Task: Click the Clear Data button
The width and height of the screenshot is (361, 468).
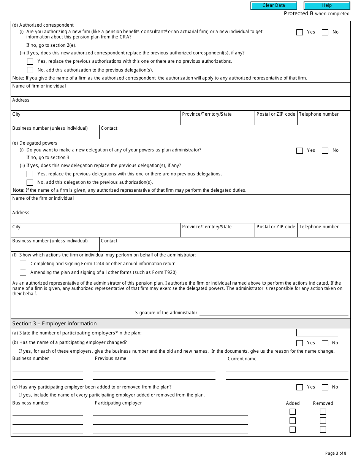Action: coord(274,6)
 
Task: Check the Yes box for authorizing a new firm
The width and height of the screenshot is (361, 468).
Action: coord(299,32)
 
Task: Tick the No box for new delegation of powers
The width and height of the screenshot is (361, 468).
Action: coord(325,151)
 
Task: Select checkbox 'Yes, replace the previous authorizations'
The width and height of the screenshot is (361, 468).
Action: coord(30,62)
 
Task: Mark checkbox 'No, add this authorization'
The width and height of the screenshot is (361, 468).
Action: coord(30,70)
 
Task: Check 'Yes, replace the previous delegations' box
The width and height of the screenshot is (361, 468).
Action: coord(30,174)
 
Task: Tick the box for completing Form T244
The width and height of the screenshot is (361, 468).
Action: coord(23,264)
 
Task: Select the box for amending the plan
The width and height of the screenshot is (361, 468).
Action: coord(23,272)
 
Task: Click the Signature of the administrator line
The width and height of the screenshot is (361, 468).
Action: coord(274,312)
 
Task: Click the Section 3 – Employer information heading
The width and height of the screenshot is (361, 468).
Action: coord(54,323)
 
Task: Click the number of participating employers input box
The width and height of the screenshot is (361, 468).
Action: coord(317,333)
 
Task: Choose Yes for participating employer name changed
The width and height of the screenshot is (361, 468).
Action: coord(299,343)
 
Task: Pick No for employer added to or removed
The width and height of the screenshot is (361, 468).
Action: coord(325,387)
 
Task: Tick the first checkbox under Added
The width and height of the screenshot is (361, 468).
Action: coord(293,412)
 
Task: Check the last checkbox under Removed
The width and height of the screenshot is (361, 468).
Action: coord(323,430)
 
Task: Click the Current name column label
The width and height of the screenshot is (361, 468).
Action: coord(242,359)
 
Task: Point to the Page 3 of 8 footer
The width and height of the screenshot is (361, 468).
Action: coord(336,453)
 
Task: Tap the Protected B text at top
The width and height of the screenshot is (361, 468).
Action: coord(299,14)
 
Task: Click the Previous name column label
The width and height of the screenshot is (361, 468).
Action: coord(111,358)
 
